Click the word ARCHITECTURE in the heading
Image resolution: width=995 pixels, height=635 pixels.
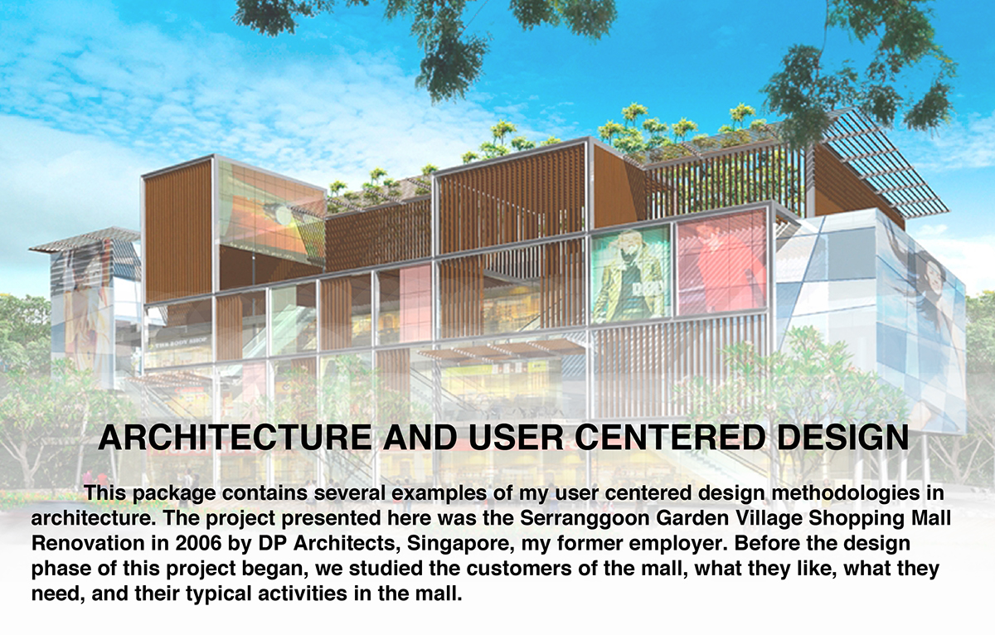point(235,437)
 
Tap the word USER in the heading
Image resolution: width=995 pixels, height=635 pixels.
point(515,437)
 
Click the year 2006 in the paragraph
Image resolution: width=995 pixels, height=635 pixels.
point(198,544)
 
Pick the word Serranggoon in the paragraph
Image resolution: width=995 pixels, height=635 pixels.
point(584,519)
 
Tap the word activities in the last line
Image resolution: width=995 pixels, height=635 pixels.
point(303,594)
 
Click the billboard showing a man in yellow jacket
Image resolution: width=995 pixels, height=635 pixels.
point(631,274)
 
